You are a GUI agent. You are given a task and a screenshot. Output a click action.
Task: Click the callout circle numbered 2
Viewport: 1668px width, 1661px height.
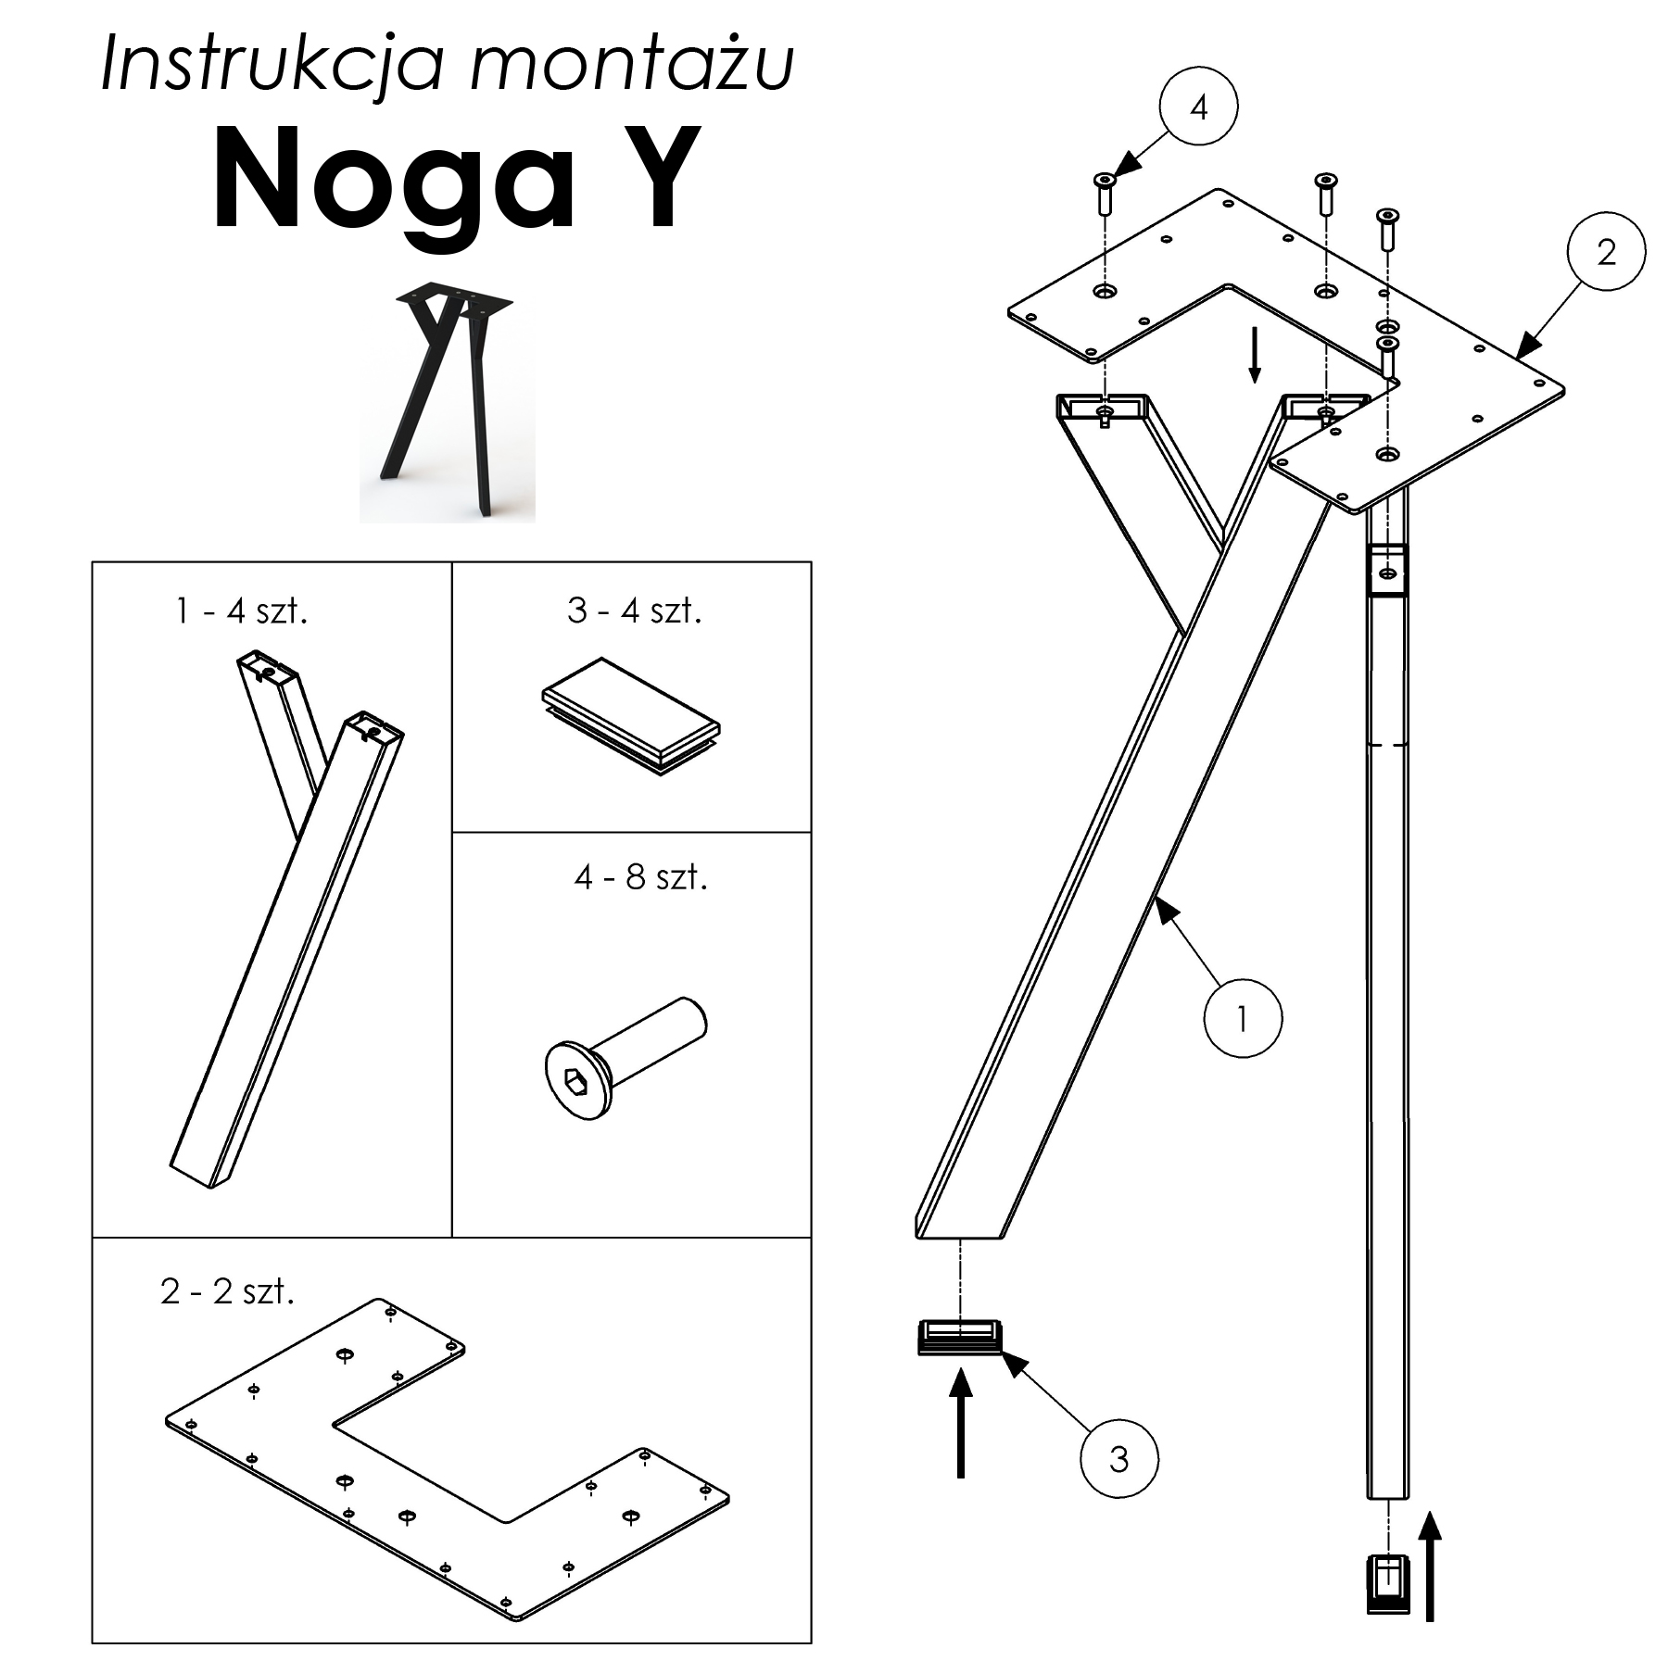coord(1606,251)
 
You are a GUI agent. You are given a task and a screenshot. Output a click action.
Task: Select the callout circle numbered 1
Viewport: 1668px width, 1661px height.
coord(1242,1018)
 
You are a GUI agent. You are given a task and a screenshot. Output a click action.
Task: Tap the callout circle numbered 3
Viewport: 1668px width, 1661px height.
coord(1118,1459)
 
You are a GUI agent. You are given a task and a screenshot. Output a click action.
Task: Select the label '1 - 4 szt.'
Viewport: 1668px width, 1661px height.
coord(242,610)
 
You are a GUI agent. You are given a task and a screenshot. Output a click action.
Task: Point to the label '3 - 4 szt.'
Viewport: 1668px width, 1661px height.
coord(635,610)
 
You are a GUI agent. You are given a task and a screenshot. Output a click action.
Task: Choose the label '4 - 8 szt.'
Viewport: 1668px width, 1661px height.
coord(640,876)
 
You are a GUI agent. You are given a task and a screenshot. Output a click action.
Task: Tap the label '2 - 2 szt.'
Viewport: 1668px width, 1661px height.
coord(227,1290)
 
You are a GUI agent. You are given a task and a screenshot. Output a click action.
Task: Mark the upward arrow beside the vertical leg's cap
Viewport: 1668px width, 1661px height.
coord(1431,1565)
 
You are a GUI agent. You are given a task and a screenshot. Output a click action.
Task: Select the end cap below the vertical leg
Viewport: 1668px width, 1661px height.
coord(1386,1584)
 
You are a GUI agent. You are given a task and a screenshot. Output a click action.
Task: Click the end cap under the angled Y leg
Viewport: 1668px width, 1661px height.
coord(961,1337)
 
